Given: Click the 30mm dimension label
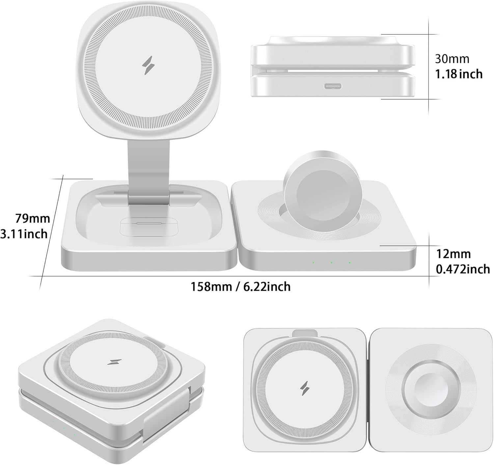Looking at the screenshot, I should (452, 59).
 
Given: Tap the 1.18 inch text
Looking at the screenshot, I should (459, 74).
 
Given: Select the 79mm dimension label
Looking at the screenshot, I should (33, 218).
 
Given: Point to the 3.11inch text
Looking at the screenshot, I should (24, 234).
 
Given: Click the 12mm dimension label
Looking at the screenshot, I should (453, 254).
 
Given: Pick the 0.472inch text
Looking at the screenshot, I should (463, 269).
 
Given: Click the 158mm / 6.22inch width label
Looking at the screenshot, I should (241, 286).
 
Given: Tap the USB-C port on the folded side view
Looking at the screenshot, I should (333, 87).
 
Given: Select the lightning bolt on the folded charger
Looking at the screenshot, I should (114, 362).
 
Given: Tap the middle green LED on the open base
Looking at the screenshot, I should (331, 263).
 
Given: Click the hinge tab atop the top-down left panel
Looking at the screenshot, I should (305, 333).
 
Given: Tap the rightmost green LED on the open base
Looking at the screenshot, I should (349, 263).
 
